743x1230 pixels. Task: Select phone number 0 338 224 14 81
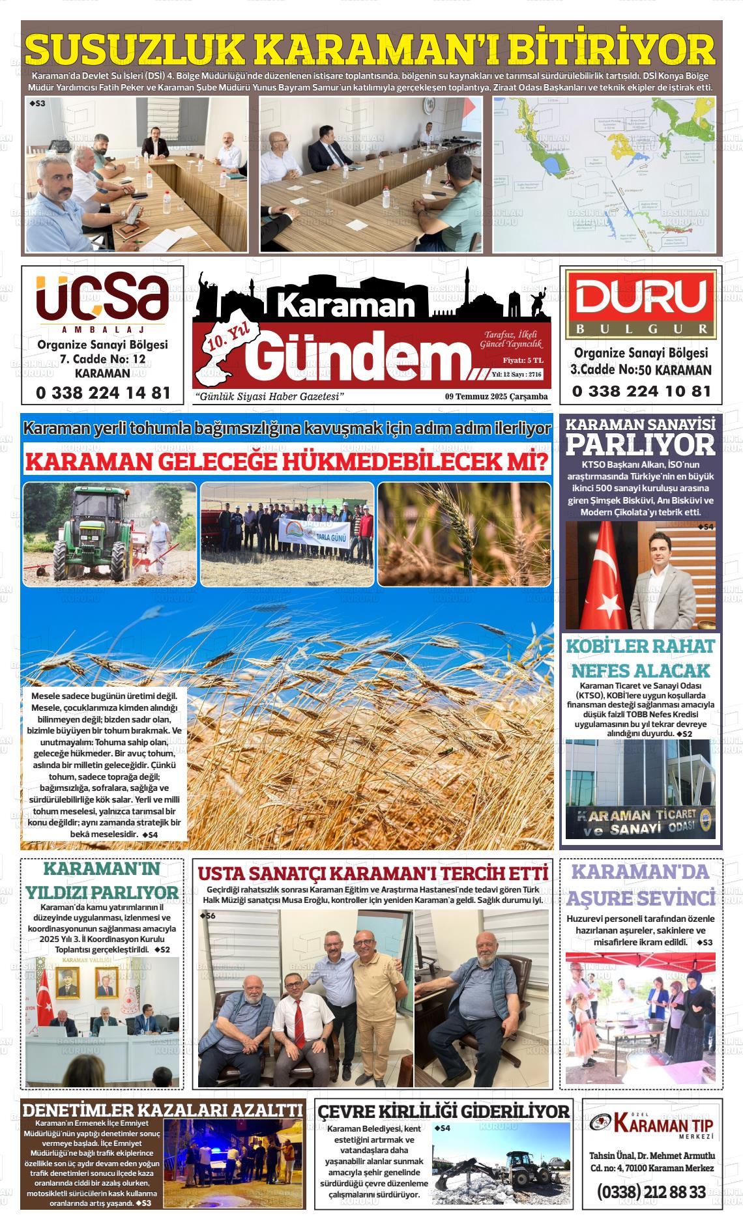[x=103, y=393]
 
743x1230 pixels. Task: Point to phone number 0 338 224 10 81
[x=641, y=392]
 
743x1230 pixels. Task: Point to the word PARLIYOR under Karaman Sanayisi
[x=641, y=445]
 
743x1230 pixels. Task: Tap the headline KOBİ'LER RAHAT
[x=641, y=646]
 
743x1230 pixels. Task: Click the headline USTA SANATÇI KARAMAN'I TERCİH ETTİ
[x=373, y=873]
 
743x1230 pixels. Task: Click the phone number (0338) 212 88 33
[x=651, y=1192]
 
